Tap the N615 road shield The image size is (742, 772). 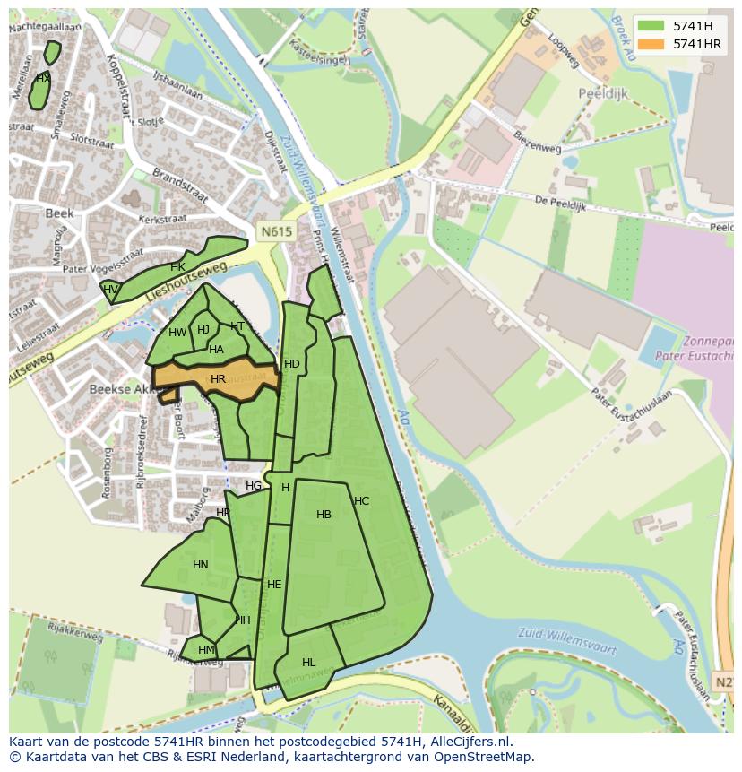click(276, 231)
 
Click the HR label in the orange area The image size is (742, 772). click(218, 379)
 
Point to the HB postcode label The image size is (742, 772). click(324, 515)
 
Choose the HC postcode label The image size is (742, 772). click(361, 501)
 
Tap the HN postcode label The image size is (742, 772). click(200, 565)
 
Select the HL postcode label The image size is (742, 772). click(308, 663)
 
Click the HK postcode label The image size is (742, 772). click(177, 267)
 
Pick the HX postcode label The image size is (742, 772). click(42, 79)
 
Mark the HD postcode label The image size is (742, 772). click(291, 364)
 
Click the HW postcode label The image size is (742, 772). click(177, 333)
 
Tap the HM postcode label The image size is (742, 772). click(206, 650)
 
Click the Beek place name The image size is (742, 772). click(59, 214)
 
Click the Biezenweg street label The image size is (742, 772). click(537, 143)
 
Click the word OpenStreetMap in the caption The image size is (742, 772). click(483, 757)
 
